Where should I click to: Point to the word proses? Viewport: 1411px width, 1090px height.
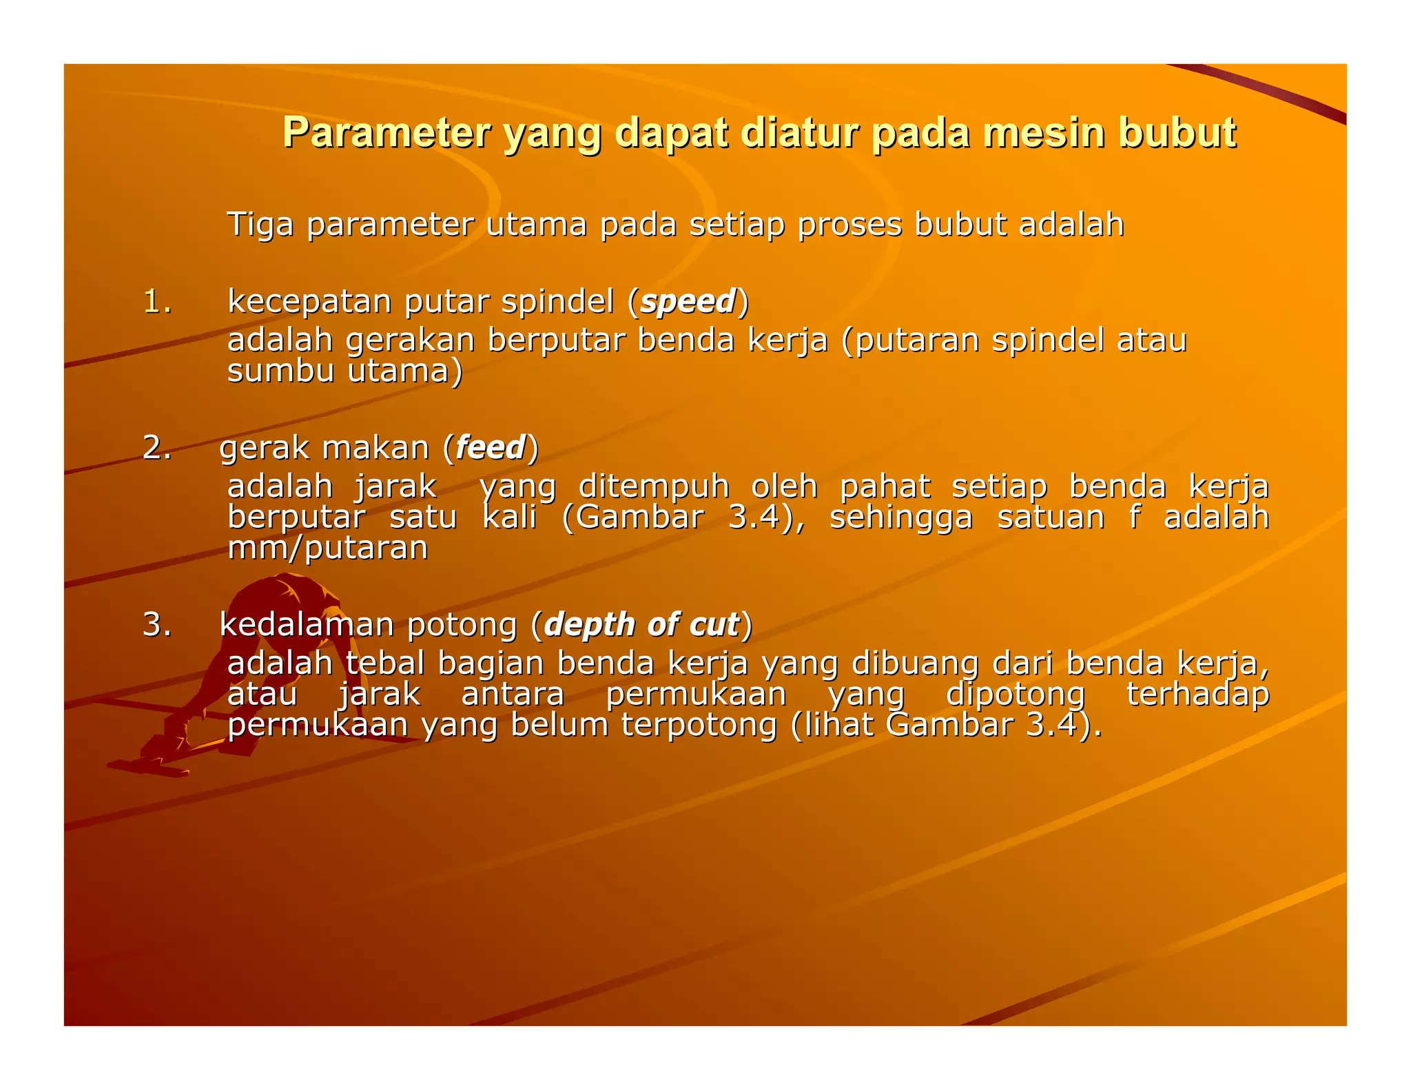click(x=849, y=225)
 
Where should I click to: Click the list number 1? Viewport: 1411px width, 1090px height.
click(x=157, y=302)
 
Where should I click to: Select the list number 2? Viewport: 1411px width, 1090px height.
click(x=157, y=448)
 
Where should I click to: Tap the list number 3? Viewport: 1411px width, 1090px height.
click(x=157, y=625)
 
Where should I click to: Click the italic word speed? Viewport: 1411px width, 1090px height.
click(x=688, y=302)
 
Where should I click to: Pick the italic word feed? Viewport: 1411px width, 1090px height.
click(x=491, y=448)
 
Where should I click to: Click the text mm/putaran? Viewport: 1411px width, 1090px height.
click(x=328, y=548)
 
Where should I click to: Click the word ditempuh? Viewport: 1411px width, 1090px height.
click(x=653, y=487)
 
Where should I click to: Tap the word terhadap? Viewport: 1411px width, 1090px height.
click(x=1197, y=695)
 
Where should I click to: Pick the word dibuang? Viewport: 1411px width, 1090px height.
click(x=915, y=664)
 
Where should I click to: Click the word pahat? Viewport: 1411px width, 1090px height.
click(x=885, y=487)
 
